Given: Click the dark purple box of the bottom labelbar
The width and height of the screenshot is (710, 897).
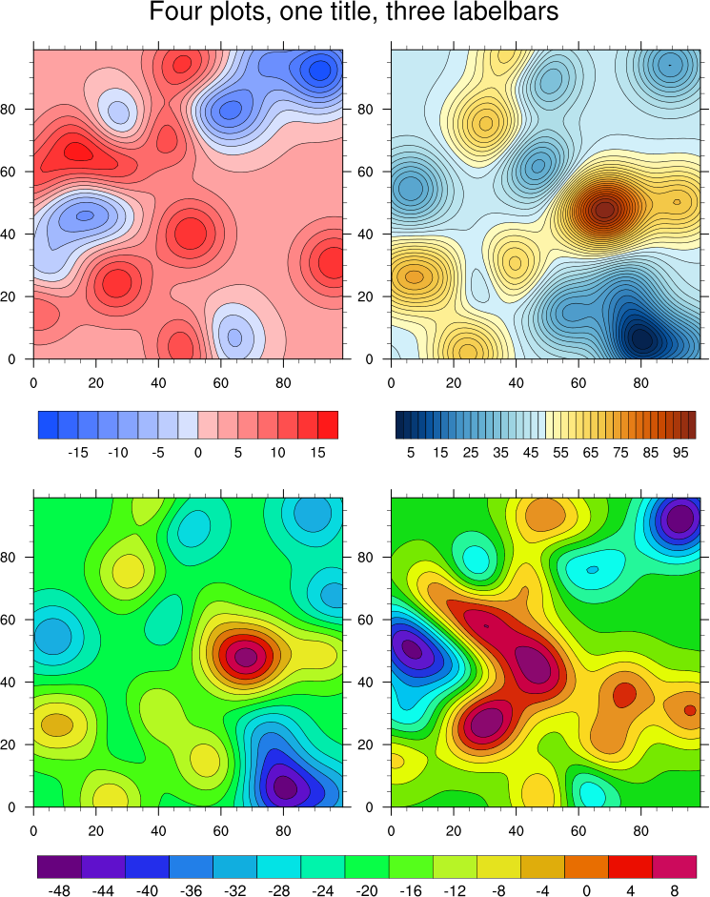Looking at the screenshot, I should [x=59, y=866].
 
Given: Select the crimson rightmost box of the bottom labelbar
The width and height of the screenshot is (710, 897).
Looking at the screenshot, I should [x=674, y=866].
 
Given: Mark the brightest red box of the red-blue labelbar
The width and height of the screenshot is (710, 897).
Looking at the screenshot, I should [x=328, y=424].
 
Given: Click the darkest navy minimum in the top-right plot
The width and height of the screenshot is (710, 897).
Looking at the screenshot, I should [x=641, y=337].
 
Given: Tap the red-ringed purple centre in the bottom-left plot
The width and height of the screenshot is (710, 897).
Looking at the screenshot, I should [x=246, y=657].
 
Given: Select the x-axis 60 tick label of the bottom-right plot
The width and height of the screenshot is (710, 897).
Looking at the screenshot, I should [x=578, y=825].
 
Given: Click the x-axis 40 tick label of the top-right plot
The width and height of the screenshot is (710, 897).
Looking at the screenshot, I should [x=516, y=377].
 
